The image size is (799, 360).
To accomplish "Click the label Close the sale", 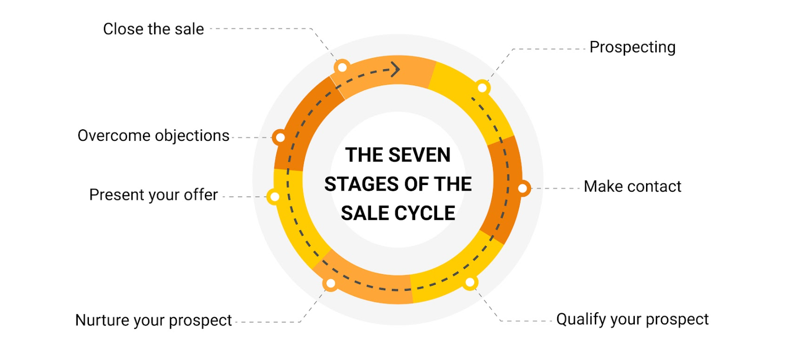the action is [153, 29].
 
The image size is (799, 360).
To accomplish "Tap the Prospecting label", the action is [632, 47].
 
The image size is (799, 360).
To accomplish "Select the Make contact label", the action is [632, 186].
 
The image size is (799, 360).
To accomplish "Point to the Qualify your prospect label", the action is [632, 319].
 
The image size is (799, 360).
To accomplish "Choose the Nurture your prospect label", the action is [153, 320].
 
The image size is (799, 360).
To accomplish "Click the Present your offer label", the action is [153, 195].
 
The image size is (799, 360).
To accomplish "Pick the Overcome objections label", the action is [153, 136].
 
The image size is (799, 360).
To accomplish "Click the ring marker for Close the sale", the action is [343, 67].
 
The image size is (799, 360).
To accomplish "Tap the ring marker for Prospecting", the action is [482, 88].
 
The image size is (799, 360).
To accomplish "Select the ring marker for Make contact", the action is [523, 188].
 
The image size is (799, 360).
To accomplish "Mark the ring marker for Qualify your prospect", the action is [470, 283].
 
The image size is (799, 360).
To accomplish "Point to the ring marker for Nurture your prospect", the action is [331, 283].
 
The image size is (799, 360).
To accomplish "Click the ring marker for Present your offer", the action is [274, 197].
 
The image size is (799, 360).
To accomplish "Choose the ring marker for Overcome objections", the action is [281, 137].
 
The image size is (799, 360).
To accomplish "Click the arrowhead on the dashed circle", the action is [395, 69].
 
